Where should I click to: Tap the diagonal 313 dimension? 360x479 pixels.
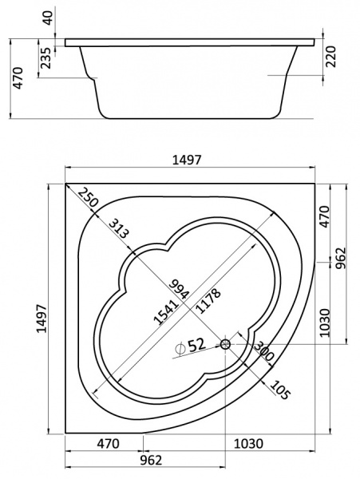[x=120, y=231]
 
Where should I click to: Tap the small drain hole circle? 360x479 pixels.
[x=225, y=344]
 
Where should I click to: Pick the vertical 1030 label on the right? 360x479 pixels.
[x=324, y=323]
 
